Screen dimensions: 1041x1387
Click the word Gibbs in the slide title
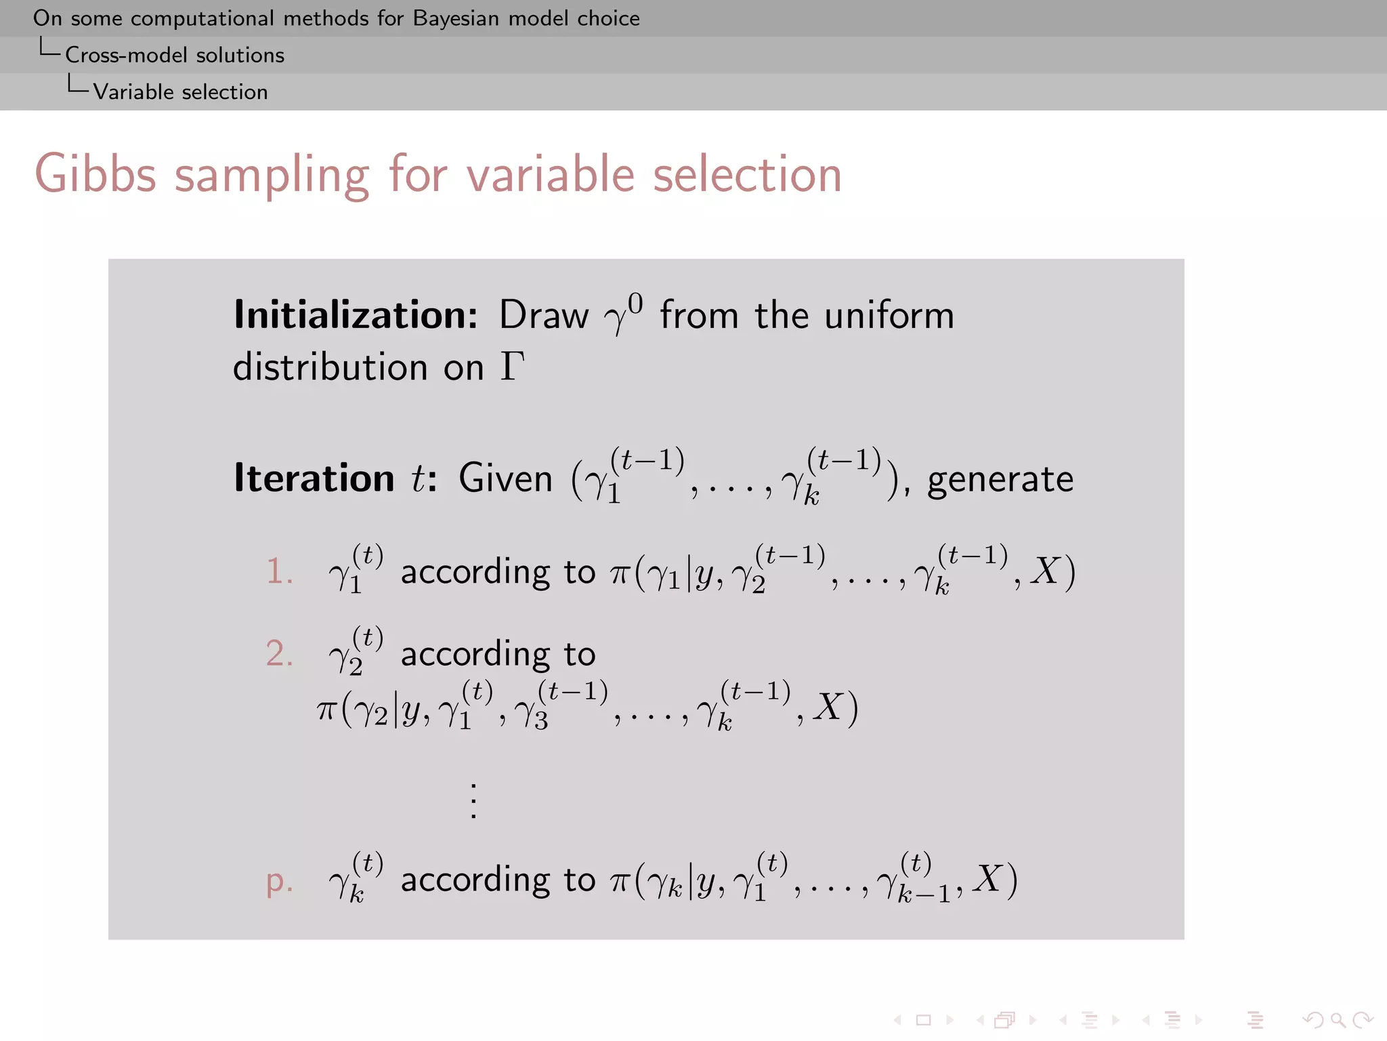click(x=95, y=175)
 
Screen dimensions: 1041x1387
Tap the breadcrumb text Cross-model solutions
click(x=175, y=55)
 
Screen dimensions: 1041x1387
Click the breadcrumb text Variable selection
click(x=180, y=92)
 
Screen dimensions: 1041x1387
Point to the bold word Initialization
click(x=356, y=315)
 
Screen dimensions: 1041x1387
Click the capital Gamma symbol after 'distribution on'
click(x=513, y=367)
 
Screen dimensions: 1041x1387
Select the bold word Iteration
click(x=314, y=478)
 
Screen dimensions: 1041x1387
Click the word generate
click(x=1000, y=480)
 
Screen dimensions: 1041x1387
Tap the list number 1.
click(x=278, y=571)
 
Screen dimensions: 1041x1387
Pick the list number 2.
click(x=278, y=654)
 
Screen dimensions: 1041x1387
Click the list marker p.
click(x=278, y=881)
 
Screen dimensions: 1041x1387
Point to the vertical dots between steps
click(x=473, y=801)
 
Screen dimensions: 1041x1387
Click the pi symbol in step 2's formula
click(x=326, y=710)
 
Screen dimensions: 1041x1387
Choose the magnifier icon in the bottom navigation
click(x=1338, y=1020)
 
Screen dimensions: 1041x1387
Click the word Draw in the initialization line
click(x=544, y=316)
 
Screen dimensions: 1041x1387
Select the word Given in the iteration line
click(x=505, y=479)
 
